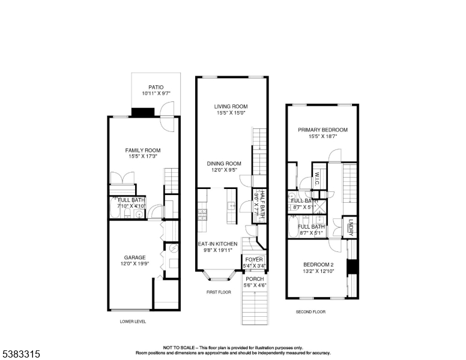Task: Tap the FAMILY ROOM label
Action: tap(143, 151)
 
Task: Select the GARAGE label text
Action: tap(135, 257)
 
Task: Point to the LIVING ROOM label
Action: tap(231, 107)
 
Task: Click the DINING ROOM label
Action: tap(224, 163)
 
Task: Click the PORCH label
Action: tap(255, 279)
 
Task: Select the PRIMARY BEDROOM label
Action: tap(322, 130)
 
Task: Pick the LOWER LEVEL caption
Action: tap(133, 322)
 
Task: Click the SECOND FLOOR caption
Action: tap(310, 312)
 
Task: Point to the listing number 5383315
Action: tap(20, 354)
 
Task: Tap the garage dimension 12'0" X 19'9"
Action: tap(135, 264)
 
